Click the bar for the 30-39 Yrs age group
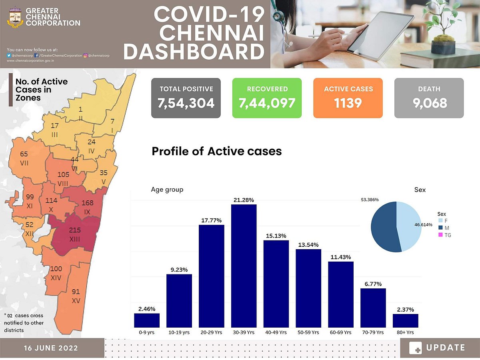[x=244, y=266]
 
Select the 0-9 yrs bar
[x=147, y=320]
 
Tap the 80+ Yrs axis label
[x=406, y=332]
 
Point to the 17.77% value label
[x=212, y=220]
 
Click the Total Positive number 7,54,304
[x=186, y=103]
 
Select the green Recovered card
[x=267, y=98]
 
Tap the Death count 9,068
[x=429, y=103]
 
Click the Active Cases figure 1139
[x=348, y=103]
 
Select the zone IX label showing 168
[x=87, y=207]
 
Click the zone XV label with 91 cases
[x=76, y=296]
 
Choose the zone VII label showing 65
[x=24, y=158]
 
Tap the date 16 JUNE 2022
[x=50, y=348]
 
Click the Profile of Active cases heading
[x=216, y=152]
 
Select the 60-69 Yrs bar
[x=341, y=294]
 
